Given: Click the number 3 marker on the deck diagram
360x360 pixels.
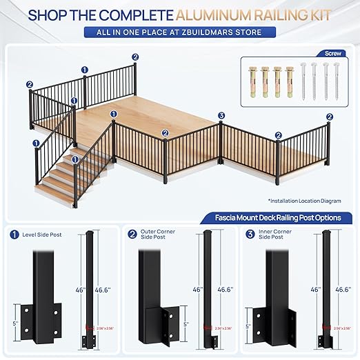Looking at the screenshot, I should pos(221,115).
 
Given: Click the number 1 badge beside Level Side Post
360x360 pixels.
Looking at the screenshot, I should pos(14,234).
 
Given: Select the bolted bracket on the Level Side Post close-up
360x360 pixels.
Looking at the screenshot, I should pos(34,321).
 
